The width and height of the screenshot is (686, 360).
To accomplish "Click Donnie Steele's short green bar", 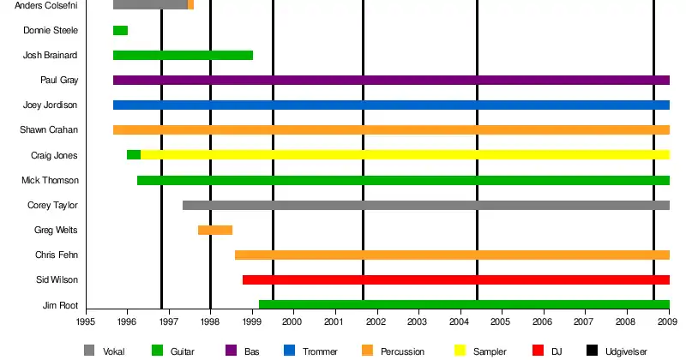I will pos(120,31).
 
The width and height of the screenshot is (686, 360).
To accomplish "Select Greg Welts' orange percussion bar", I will pos(215,230).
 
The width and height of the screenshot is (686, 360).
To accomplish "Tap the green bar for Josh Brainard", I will pos(183,56).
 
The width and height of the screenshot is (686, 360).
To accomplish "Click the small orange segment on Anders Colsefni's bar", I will pos(190,5).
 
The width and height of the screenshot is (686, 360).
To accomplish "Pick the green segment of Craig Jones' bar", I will pos(134,155).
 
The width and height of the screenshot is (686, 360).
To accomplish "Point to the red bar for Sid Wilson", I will pos(455,280).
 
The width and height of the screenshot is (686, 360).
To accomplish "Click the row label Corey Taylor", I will pos(53,206).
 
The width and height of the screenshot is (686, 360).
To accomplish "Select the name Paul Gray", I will pos(59,81).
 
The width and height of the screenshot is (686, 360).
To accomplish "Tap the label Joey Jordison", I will pos(51,105).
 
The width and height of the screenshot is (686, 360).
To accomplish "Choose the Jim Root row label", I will pos(60,305).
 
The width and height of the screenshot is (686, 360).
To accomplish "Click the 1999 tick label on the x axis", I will pos(252,321).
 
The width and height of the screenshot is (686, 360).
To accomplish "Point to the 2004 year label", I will pos(460,321).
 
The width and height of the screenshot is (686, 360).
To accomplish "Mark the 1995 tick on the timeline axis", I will pos(86,321).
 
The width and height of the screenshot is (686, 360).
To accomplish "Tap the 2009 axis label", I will pos(669,321).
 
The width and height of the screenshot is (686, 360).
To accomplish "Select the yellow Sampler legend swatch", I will pos(459,351).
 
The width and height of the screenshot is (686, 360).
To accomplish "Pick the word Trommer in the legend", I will pos(321,351).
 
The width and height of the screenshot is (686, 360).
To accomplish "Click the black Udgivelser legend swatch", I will pos(593,351).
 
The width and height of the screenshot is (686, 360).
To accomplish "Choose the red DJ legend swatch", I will pos(539,351).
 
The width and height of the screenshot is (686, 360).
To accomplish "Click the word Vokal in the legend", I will pos(113,351).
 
